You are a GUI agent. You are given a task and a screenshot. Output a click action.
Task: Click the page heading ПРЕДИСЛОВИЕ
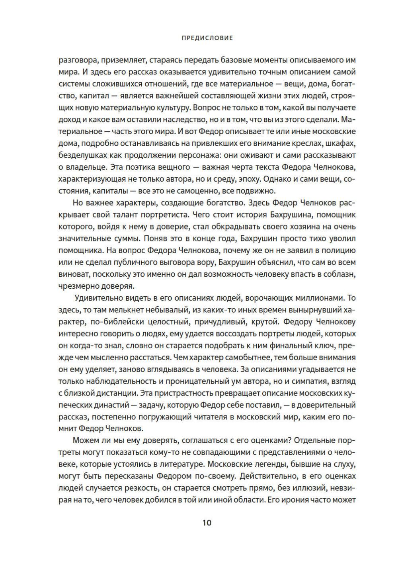coord(207,39)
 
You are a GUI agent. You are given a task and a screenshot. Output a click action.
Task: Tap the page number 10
coord(207,522)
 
